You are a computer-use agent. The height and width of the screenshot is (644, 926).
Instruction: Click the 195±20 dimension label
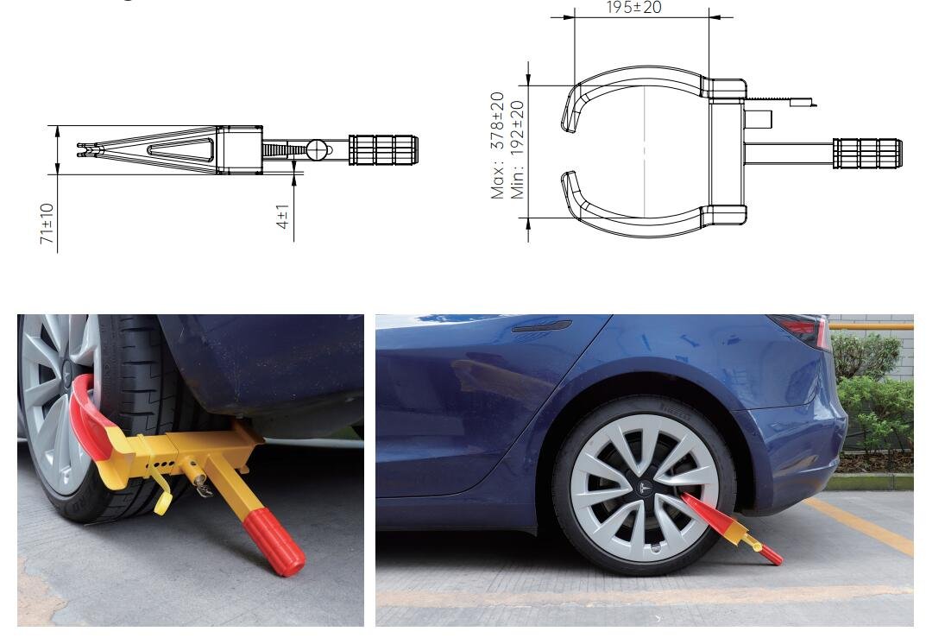(633, 7)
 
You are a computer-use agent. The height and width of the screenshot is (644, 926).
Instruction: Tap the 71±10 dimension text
(47, 224)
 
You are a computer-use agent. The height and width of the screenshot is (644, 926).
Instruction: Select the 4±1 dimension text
(282, 216)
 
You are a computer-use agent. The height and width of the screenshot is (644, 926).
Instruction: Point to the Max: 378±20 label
(497, 145)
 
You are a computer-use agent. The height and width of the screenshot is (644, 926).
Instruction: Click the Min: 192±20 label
(517, 149)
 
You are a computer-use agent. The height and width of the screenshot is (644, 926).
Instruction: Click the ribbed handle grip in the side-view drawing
(383, 150)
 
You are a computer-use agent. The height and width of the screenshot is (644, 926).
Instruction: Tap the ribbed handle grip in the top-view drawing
(867, 154)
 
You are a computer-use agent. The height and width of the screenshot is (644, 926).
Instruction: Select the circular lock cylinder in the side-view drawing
(317, 150)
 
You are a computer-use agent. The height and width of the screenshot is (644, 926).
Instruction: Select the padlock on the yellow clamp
(204, 488)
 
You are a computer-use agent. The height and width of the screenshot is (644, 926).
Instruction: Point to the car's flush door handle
(542, 326)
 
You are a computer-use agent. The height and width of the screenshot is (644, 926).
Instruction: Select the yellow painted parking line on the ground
(860, 526)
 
